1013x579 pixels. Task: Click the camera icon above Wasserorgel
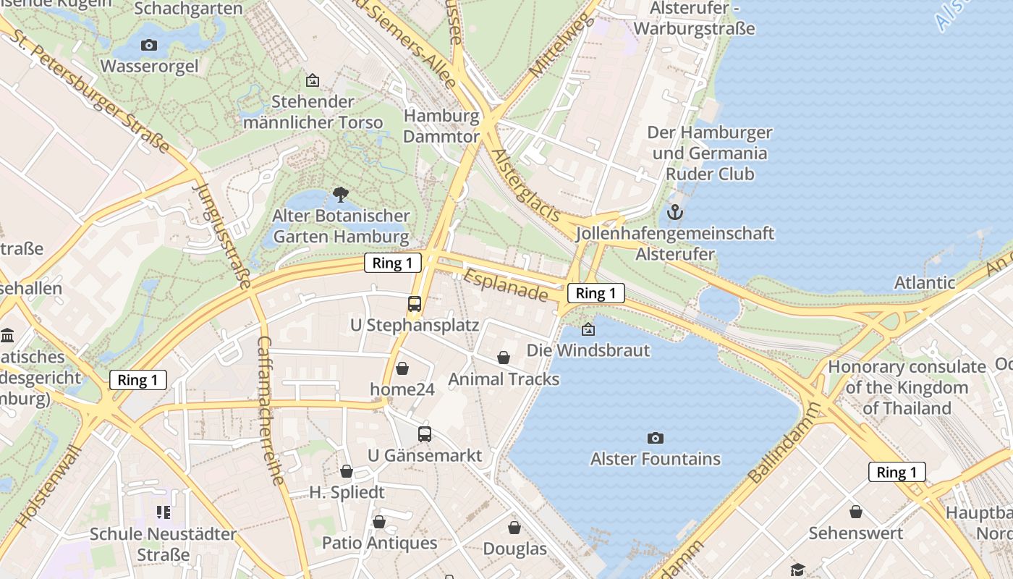click(149, 46)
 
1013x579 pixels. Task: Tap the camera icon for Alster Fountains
click(656, 438)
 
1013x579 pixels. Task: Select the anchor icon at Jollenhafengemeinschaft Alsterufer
click(674, 212)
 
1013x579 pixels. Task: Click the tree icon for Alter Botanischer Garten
click(340, 194)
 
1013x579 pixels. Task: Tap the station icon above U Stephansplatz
click(415, 304)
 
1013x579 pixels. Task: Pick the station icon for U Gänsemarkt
click(425, 434)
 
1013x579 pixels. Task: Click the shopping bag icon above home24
click(402, 368)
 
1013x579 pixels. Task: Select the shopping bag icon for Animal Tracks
click(504, 358)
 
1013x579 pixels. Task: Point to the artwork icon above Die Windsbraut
click(588, 329)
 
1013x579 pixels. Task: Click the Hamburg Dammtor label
click(441, 126)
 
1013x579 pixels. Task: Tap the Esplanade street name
click(506, 286)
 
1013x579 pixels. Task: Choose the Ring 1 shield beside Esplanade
click(596, 293)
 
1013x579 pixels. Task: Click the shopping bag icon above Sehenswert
click(856, 512)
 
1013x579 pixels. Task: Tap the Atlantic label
click(925, 282)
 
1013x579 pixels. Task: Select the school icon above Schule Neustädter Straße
click(164, 512)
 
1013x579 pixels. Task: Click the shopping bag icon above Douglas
click(514, 528)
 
